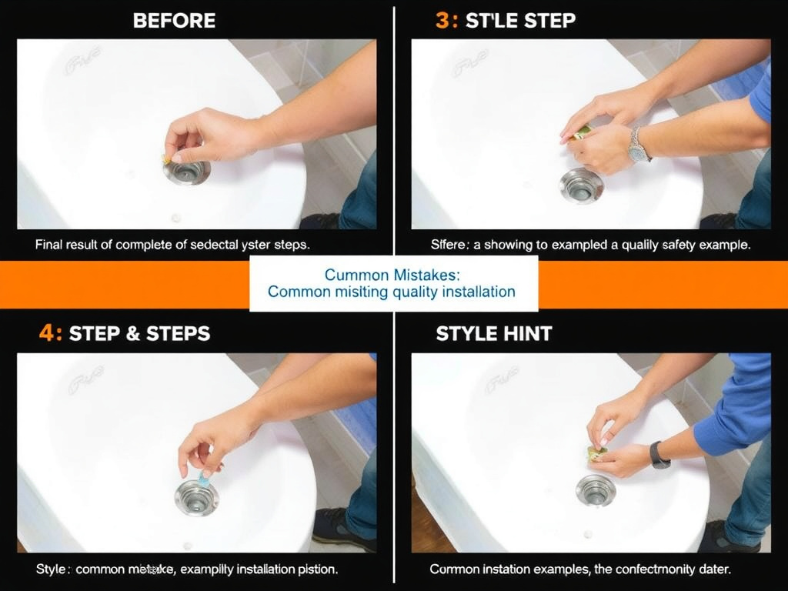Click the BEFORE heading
pyautogui.click(x=174, y=21)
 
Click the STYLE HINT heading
pyautogui.click(x=493, y=334)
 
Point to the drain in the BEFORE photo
pyautogui.click(x=187, y=171)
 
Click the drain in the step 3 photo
pyautogui.click(x=581, y=185)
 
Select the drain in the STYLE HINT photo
pyautogui.click(x=595, y=489)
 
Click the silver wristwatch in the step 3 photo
pyautogui.click(x=638, y=145)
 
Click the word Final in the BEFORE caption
pyautogui.click(x=50, y=245)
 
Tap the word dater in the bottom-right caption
pyautogui.click(x=714, y=569)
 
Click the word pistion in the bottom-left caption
pyautogui.click(x=317, y=569)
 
